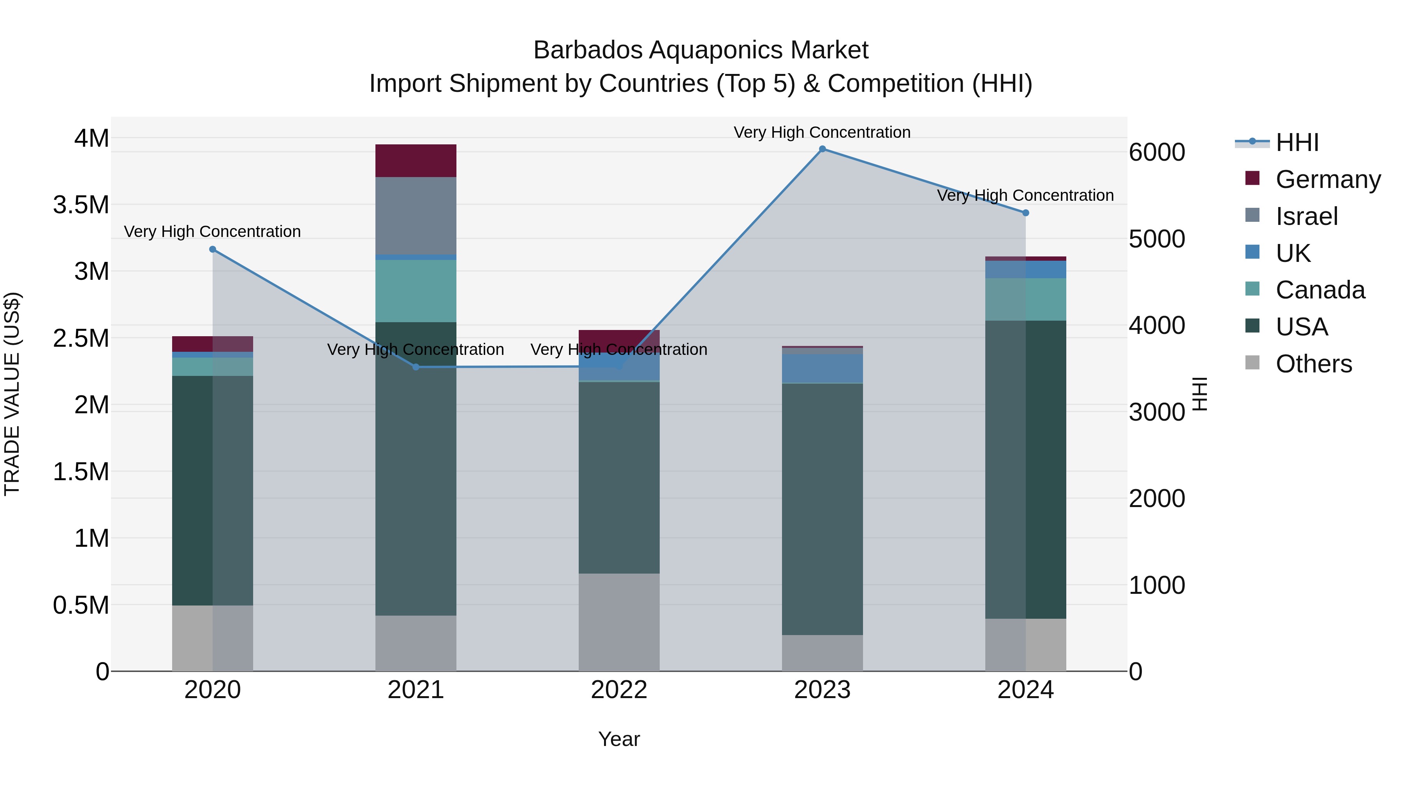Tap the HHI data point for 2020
click(x=213, y=249)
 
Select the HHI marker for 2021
click(x=416, y=367)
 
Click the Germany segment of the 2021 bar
click(x=416, y=161)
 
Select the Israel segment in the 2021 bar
click(x=416, y=216)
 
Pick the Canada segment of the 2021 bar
click(x=416, y=291)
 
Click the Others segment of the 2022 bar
click(x=619, y=622)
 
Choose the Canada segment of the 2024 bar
click(x=1026, y=300)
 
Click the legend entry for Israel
click(x=1306, y=216)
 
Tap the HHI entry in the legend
click(x=1296, y=142)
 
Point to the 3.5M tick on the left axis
click(x=81, y=205)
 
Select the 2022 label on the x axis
click(x=619, y=690)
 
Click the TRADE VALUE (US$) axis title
click(x=12, y=394)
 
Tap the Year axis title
click(x=619, y=739)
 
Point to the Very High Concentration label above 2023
click(x=822, y=132)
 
